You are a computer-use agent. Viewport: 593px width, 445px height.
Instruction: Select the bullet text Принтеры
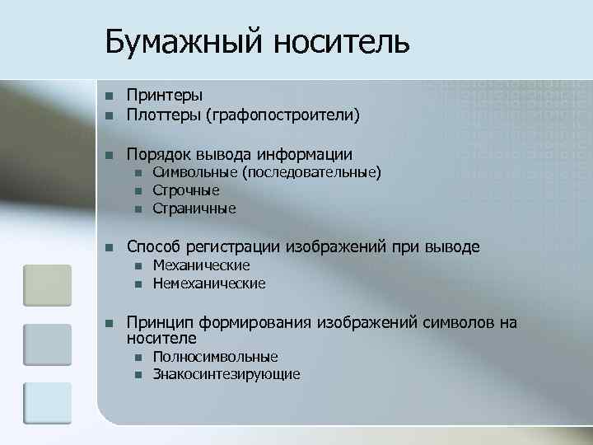(x=165, y=96)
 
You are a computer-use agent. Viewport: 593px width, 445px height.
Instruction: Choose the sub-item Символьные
(x=194, y=172)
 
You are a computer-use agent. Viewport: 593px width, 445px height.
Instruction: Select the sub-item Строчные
(x=186, y=190)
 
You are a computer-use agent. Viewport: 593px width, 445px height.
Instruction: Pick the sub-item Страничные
(x=194, y=208)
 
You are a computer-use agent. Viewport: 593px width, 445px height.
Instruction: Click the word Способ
(x=152, y=247)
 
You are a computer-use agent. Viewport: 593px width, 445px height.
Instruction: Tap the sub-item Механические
(x=201, y=265)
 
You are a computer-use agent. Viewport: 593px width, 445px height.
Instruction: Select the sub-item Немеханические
(x=209, y=283)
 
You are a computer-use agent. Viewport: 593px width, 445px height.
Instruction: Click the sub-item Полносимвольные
(x=215, y=357)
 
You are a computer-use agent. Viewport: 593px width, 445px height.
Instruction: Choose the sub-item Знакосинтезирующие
(x=226, y=375)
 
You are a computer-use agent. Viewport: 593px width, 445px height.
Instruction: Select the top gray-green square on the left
(x=47, y=285)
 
